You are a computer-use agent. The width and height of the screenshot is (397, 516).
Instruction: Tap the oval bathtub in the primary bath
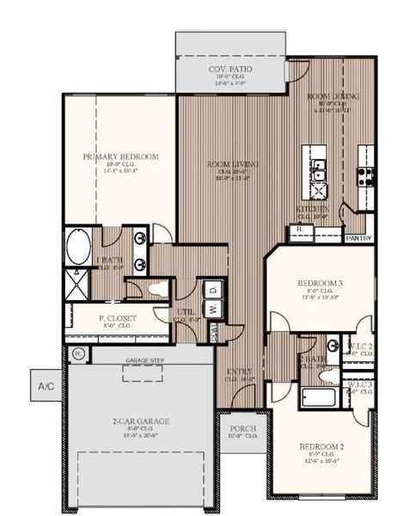tap(76, 247)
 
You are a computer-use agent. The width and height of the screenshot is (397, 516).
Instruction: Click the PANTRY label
tap(358, 237)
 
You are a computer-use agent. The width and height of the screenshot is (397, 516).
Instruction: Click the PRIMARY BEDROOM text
tap(121, 157)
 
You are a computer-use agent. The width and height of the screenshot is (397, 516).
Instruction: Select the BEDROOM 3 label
tap(320, 283)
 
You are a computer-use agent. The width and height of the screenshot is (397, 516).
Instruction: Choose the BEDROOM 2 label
tap(321, 447)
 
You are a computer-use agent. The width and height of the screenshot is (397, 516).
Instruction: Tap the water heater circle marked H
tap(77, 353)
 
